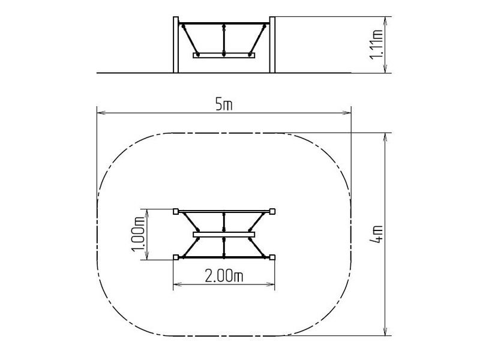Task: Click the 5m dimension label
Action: pyautogui.click(x=224, y=105)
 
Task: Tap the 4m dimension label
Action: pyautogui.click(x=376, y=234)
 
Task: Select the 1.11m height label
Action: pyautogui.click(x=376, y=44)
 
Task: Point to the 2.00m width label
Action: pyautogui.click(x=224, y=277)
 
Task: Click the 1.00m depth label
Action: pyautogui.click(x=138, y=234)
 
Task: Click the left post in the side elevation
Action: pyautogui.click(x=176, y=44)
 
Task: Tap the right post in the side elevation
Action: pyautogui.click(x=272, y=44)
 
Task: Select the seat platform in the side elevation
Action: pyautogui.click(x=224, y=55)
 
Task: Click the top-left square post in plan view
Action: pyautogui.click(x=176, y=211)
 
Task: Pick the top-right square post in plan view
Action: pyautogui.click(x=272, y=211)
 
